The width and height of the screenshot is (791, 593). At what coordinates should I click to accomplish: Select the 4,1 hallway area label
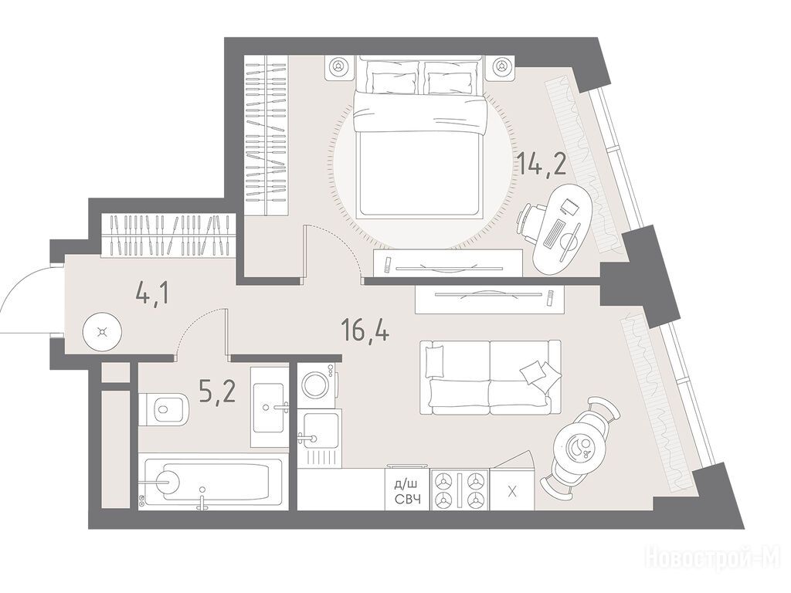pyautogui.click(x=152, y=293)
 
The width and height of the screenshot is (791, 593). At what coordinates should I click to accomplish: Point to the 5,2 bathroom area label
pyautogui.click(x=217, y=391)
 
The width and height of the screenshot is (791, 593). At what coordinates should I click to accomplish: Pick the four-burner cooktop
pyautogui.click(x=460, y=490)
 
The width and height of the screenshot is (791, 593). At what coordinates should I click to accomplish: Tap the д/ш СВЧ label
pyautogui.click(x=406, y=492)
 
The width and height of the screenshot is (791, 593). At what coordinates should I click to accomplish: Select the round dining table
pyautogui.click(x=575, y=446)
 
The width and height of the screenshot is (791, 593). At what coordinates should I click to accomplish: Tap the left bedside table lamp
pyautogui.click(x=339, y=66)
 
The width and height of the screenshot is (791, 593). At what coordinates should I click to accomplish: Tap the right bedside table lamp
pyautogui.click(x=501, y=66)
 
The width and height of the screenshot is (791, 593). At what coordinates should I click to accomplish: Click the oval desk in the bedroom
pyautogui.click(x=563, y=230)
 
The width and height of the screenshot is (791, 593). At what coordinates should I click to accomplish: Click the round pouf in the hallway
pyautogui.click(x=103, y=331)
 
